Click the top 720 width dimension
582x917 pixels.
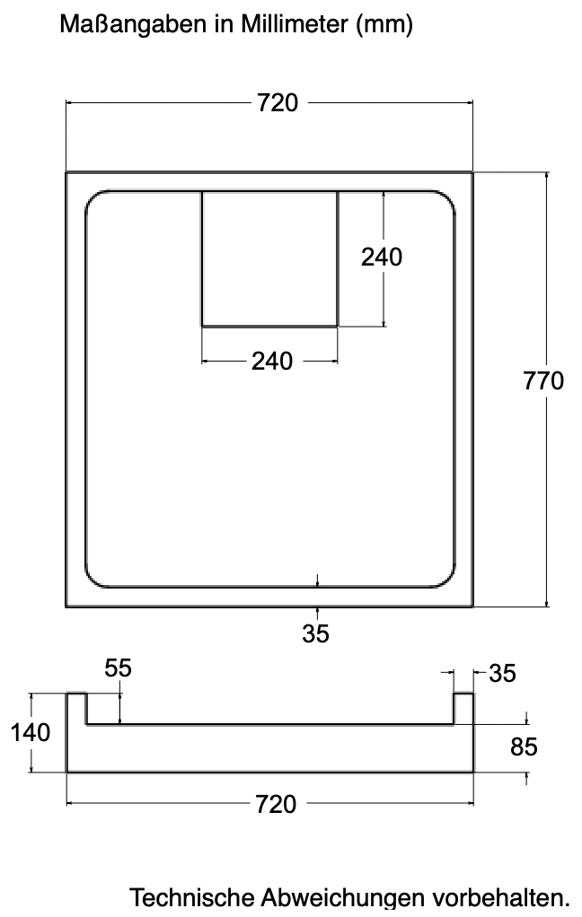click(x=278, y=103)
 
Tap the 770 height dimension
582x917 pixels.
click(x=543, y=380)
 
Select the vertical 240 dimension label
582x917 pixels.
click(x=381, y=257)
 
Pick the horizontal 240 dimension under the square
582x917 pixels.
click(x=272, y=362)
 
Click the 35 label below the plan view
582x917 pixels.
click(x=316, y=633)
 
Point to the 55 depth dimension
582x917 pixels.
click(x=119, y=668)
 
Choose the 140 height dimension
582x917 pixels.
click(x=31, y=732)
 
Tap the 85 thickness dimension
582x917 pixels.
click(x=524, y=747)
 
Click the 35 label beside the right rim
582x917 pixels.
click(x=502, y=674)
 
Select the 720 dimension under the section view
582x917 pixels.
click(x=276, y=805)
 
